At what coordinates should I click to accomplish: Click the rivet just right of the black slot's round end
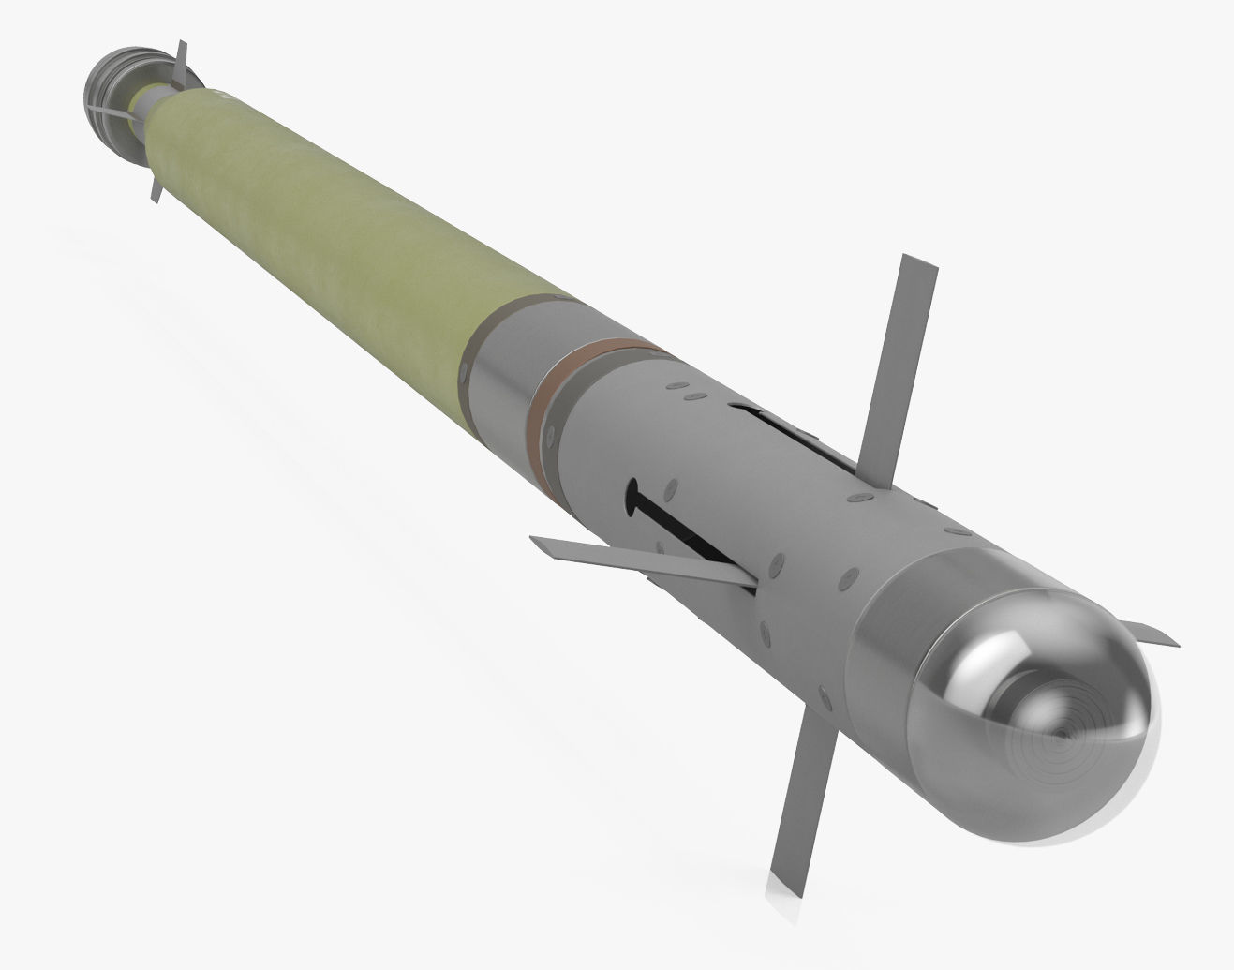click(x=670, y=488)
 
